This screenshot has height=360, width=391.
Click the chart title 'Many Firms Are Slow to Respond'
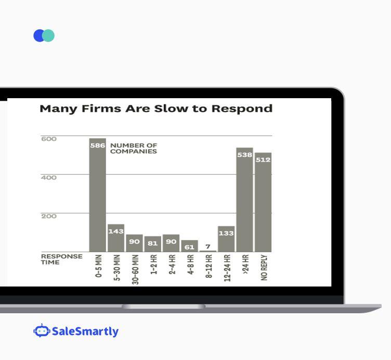click(156, 109)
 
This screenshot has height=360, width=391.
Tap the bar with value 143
click(116, 238)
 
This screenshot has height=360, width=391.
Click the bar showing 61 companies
click(189, 246)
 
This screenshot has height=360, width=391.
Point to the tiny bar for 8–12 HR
click(207, 251)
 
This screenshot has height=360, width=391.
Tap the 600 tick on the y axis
click(49, 139)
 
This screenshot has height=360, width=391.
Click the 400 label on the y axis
click(49, 178)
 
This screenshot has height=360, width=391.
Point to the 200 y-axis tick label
click(49, 216)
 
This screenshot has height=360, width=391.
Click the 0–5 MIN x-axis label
click(98, 266)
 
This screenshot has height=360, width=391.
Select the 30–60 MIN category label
click(135, 270)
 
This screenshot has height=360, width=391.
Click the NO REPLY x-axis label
click(264, 268)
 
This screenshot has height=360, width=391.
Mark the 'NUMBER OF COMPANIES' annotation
click(134, 149)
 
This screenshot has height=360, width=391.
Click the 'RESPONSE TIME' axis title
click(62, 259)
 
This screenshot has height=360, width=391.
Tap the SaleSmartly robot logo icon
click(41, 331)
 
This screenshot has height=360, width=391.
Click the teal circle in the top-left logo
click(49, 35)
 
